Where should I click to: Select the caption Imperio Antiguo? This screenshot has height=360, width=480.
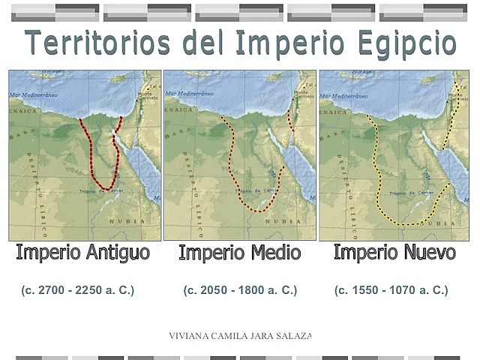coord(82,252)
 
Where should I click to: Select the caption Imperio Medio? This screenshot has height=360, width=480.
coord(239,253)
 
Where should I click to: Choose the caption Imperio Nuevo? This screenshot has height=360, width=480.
coord(394,252)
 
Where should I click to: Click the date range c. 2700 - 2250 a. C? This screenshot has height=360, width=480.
coord(78,290)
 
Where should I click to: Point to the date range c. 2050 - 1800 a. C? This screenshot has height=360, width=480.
coord(240,290)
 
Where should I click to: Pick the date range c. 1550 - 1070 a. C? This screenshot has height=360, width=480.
coord(391,290)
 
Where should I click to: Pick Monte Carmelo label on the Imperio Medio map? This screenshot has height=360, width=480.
coord(304,94)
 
